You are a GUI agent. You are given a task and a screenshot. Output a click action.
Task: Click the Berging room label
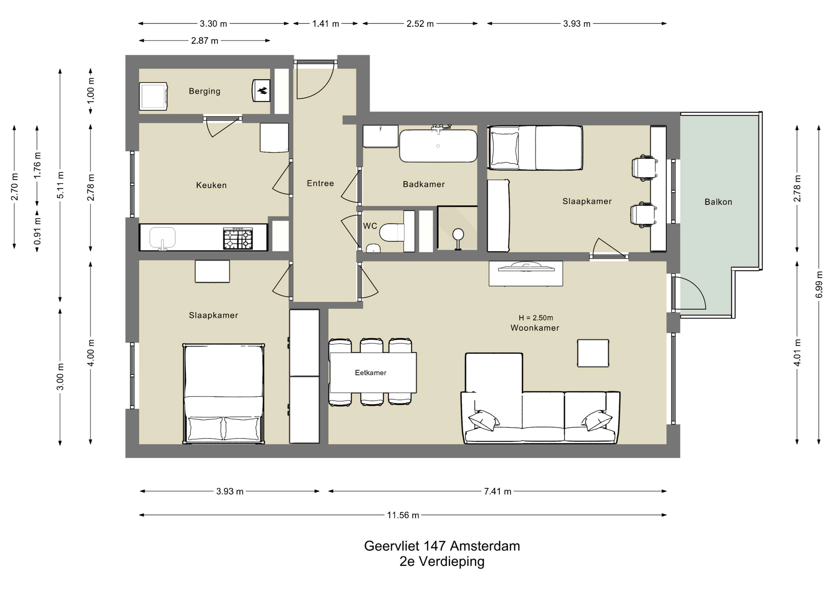pos(204,91)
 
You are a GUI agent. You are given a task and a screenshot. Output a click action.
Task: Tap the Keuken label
pos(211,185)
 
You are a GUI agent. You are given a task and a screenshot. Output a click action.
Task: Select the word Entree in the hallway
pos(320,183)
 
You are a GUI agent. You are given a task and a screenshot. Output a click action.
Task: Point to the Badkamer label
pos(424,184)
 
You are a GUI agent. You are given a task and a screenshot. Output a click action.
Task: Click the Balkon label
pos(718,202)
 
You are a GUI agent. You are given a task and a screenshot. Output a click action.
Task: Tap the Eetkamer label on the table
pos(371,373)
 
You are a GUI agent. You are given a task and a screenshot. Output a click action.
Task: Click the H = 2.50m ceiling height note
pos(536,318)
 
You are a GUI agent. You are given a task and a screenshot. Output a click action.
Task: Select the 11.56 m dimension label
pos(403,515)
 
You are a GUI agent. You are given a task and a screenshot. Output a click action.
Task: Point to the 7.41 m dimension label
pos(498,491)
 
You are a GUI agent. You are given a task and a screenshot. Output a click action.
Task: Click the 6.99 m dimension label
pos(819,285)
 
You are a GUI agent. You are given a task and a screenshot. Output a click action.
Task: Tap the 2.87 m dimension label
pos(205,41)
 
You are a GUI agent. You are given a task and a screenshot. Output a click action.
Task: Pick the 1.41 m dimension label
pos(325,24)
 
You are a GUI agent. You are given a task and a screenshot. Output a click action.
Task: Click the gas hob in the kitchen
pos(238,239)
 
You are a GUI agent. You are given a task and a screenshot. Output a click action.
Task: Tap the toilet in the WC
pos(392,232)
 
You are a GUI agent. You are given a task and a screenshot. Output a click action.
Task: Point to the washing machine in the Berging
pos(154,96)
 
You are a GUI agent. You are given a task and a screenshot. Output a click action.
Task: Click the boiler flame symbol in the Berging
pos(262,91)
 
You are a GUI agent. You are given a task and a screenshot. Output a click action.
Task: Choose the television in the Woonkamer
pos(526,267)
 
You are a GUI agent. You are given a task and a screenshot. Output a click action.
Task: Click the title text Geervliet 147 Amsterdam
pos(442,546)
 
